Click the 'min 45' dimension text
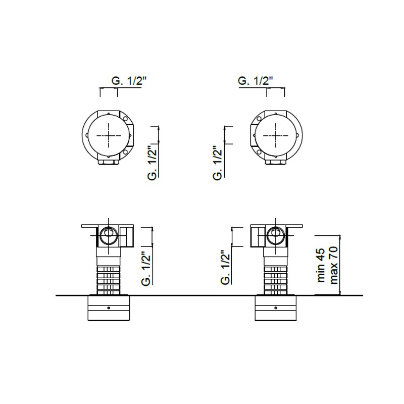point(321,265)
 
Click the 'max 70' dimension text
point(334,265)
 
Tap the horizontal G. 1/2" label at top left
point(129,81)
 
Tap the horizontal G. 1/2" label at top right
point(256,81)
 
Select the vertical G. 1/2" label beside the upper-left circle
point(153,163)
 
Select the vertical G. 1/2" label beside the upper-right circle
point(218,163)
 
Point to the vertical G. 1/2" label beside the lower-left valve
point(146,268)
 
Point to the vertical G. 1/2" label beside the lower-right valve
point(226,268)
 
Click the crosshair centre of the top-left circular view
point(109,135)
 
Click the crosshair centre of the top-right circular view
point(276,135)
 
